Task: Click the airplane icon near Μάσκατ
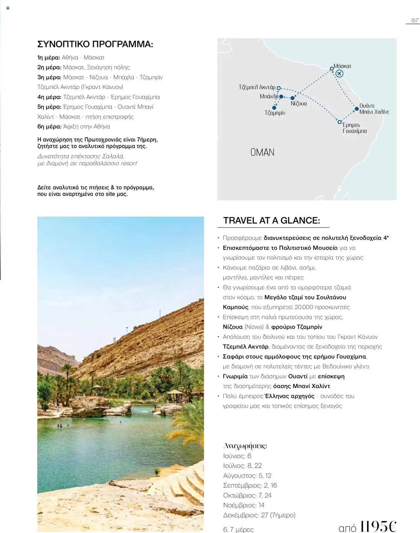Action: tap(340, 74)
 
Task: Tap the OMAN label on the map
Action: tap(262, 152)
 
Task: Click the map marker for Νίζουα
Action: tap(292, 98)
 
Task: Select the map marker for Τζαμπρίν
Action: tap(274, 108)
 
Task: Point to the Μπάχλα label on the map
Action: tap(269, 96)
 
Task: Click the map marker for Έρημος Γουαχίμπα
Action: tap(340, 122)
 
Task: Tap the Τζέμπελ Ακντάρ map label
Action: tap(257, 87)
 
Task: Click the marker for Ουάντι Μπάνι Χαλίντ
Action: tap(357, 109)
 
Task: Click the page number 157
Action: tap(414, 20)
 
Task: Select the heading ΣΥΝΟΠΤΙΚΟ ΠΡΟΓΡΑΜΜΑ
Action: tap(95, 44)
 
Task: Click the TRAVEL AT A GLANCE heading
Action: tap(271, 221)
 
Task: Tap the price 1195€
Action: tap(378, 526)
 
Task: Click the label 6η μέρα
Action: tap(49, 127)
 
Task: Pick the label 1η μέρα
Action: tap(49, 58)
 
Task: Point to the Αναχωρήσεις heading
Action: tap(245, 446)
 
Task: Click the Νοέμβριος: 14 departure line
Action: tap(243, 505)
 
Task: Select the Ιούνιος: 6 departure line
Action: tap(237, 456)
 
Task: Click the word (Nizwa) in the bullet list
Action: tap(254, 327)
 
